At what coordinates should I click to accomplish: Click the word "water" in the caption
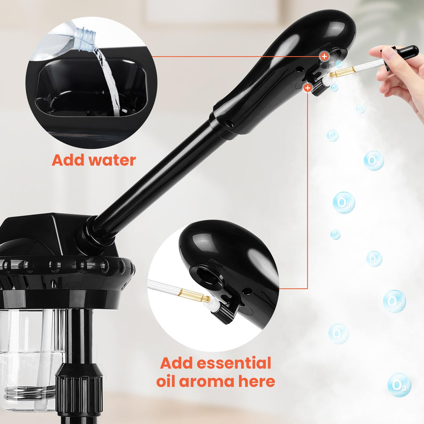pos(112,160)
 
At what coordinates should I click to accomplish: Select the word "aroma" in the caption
pos(206,382)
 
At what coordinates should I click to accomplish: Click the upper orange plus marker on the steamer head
pos(324,56)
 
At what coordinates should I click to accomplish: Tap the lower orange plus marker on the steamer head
pos(307,88)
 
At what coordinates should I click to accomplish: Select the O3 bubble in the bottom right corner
pos(399,385)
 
